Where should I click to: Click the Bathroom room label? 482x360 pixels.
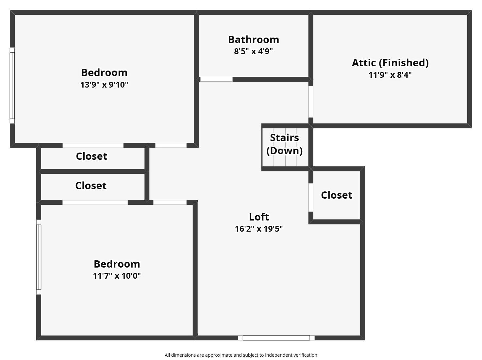click(x=254, y=40)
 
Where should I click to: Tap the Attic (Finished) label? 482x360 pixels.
click(x=390, y=63)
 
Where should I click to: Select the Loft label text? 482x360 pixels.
click(x=259, y=217)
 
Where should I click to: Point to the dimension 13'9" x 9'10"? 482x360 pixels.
click(x=104, y=85)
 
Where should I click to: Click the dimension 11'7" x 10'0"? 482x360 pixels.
click(x=117, y=276)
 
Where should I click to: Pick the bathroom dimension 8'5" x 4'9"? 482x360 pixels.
click(x=253, y=51)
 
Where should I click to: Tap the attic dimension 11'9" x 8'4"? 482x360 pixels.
click(x=390, y=75)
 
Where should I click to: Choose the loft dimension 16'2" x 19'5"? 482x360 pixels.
click(x=259, y=229)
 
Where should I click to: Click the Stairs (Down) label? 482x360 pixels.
click(x=285, y=144)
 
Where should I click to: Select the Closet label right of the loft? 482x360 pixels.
click(x=337, y=195)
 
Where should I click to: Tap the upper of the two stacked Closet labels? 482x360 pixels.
click(x=91, y=156)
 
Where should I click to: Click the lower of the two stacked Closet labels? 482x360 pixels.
click(x=91, y=186)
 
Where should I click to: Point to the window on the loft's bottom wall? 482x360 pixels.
click(x=276, y=338)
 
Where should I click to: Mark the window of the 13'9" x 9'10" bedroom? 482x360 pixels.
click(x=12, y=86)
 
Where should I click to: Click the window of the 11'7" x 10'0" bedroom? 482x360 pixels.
click(x=39, y=257)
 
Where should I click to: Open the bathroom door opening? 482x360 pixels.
click(x=216, y=79)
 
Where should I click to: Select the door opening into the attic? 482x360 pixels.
click(x=311, y=102)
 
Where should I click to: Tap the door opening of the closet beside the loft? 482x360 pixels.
click(x=311, y=198)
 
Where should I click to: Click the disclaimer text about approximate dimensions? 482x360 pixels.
click(x=241, y=355)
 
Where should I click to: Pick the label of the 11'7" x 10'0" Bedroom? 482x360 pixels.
click(x=117, y=264)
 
